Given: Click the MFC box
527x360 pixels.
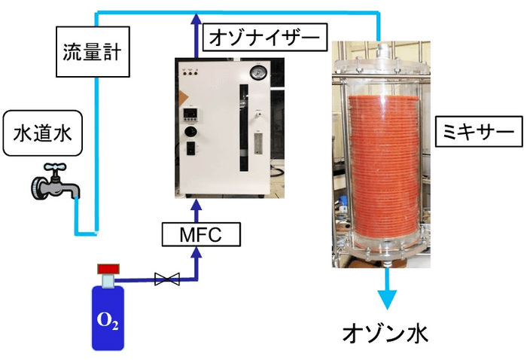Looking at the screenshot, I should pos(201,236).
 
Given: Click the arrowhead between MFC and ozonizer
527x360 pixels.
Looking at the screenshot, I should pos(197,204).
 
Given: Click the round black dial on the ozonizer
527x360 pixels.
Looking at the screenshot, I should pos(190,133).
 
